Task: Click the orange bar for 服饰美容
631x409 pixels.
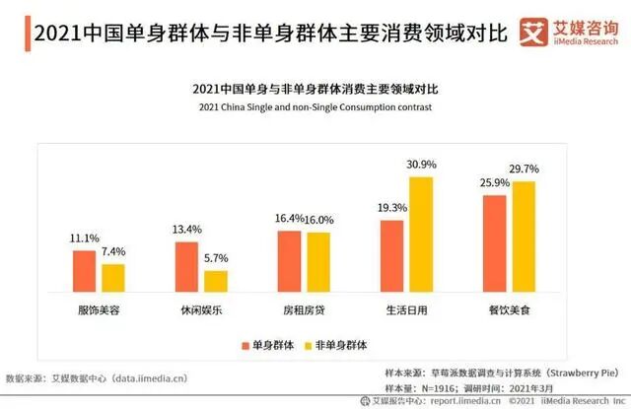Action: tap(84, 272)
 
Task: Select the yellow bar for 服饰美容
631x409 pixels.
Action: tap(113, 279)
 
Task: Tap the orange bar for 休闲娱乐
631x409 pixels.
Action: tap(186, 267)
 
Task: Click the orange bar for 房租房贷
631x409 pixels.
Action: tap(289, 262)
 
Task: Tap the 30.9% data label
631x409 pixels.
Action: tap(421, 164)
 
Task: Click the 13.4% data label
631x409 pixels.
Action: tap(186, 230)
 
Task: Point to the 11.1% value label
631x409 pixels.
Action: tap(84, 239)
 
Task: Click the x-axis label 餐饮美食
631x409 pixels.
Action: tap(509, 310)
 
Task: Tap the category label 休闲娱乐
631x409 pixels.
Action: tap(201, 310)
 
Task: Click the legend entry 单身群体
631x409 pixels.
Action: tap(269, 345)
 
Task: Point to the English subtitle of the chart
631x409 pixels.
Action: tap(315, 106)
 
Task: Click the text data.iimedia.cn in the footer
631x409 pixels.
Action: tap(150, 377)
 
